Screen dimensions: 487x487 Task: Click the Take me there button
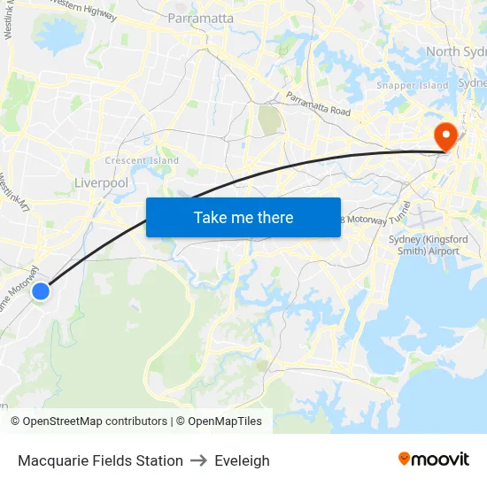[243, 217]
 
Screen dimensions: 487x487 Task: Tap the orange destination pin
[444, 136]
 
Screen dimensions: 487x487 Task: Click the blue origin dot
[41, 290]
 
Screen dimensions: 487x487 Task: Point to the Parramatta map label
[201, 18]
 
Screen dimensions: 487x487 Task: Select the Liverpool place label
[102, 182]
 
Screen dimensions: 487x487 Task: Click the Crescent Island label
[142, 161]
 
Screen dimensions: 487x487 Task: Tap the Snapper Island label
[413, 86]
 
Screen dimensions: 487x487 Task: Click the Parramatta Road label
[318, 104]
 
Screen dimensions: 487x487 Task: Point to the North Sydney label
[455, 51]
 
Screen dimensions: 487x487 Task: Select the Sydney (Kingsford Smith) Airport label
[425, 245]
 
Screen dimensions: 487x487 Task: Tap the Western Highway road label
[84, 11]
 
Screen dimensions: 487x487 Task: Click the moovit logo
[434, 459]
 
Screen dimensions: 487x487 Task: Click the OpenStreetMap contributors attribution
[89, 421]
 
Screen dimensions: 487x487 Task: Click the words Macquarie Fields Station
[100, 460]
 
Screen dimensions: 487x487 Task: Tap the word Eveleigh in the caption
[242, 460]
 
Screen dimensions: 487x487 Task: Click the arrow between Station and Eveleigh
[198, 460]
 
